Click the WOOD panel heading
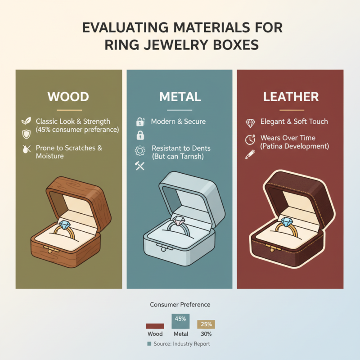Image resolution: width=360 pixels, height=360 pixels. (68, 97)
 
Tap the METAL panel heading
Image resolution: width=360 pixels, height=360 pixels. (180, 97)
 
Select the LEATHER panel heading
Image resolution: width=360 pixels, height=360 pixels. (291, 97)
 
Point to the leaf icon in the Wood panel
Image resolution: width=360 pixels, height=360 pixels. (27, 121)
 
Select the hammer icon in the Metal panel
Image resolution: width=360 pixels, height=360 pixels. (139, 166)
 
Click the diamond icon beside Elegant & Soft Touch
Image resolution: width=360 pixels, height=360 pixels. (250, 122)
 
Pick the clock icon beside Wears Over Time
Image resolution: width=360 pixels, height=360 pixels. (250, 139)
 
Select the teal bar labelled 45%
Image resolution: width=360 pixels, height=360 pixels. (180, 321)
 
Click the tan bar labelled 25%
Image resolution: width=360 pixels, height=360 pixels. (206, 324)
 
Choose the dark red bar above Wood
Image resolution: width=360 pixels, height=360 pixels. (154, 326)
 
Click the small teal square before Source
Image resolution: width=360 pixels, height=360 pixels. (149, 344)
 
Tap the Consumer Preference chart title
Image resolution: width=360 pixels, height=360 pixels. (180, 305)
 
